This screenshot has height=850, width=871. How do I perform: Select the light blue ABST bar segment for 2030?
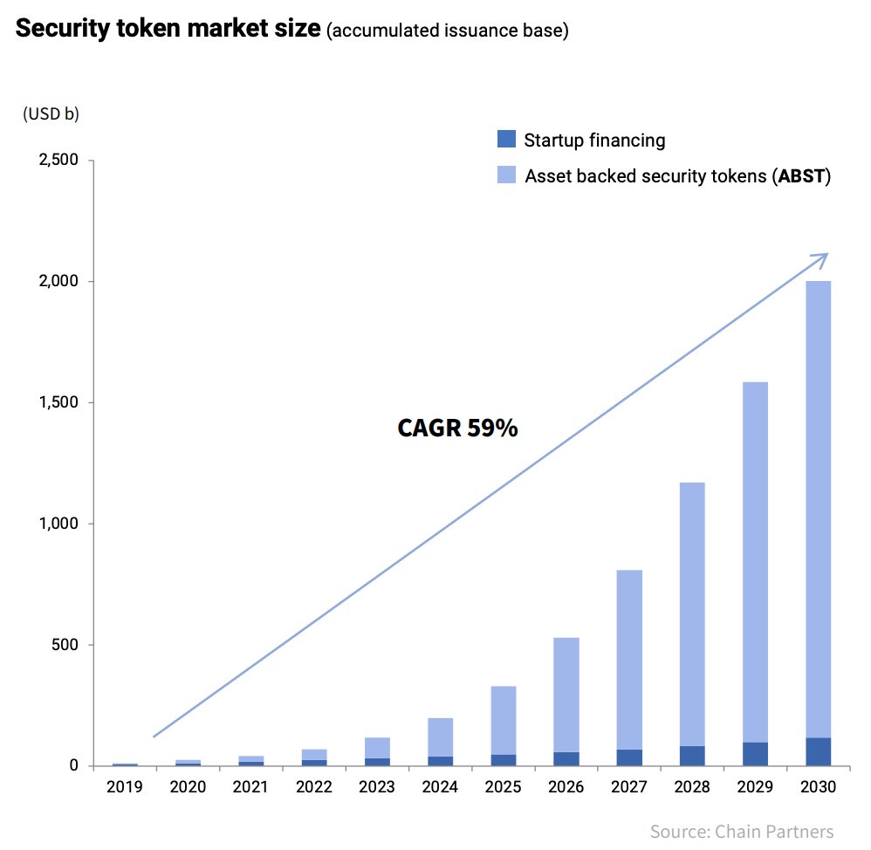pos(817,506)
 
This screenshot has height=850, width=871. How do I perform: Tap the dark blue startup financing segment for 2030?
pos(817,751)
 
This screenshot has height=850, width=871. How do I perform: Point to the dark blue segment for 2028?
pos(691,756)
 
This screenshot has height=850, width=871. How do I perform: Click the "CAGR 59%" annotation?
pos(457,428)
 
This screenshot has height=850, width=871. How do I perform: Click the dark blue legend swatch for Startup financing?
pos(506,139)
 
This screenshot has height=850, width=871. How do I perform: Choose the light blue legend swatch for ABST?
pos(506,175)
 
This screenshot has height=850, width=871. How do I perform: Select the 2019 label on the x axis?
pos(125,787)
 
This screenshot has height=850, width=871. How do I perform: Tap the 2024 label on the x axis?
pos(440,787)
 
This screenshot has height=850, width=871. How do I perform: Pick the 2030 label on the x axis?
pos(817,787)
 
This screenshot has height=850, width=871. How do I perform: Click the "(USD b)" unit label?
pos(51,114)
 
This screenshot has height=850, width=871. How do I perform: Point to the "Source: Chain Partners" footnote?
pos(741,831)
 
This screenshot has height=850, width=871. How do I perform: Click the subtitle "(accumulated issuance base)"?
pos(447,31)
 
